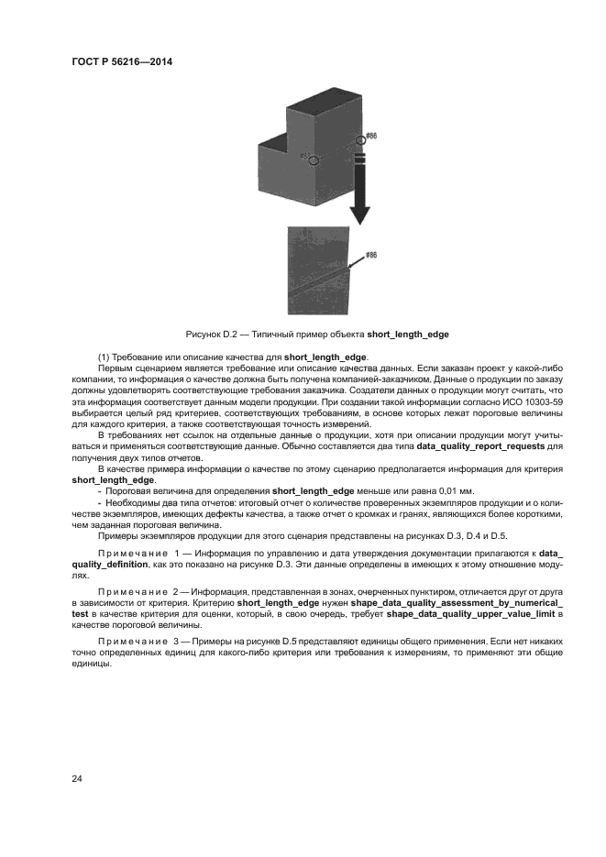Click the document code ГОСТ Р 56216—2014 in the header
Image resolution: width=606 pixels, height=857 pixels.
122,61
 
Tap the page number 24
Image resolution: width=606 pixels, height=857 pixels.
78,778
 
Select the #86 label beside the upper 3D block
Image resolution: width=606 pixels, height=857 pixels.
371,136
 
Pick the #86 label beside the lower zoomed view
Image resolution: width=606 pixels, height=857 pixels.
371,255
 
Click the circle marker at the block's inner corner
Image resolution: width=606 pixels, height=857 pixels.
314,159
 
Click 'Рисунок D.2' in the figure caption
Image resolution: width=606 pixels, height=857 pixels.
210,334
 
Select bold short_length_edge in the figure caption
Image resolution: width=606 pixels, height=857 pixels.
407,334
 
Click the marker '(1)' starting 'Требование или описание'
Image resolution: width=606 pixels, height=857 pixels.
104,356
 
